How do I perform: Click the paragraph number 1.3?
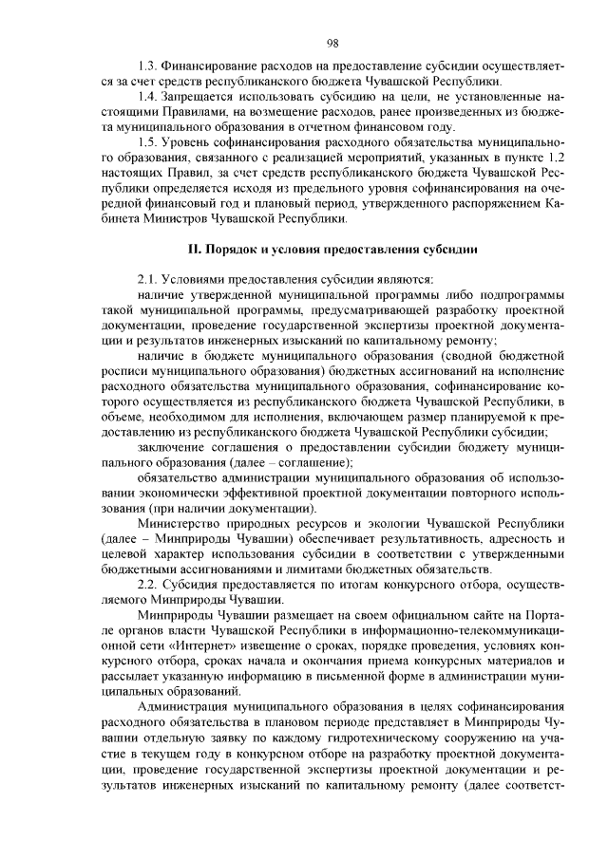tap(146, 67)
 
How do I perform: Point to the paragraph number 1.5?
tap(146, 143)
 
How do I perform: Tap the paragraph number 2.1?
tap(146, 279)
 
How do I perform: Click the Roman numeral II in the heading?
tap(188, 249)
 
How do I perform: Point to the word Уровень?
tap(185, 143)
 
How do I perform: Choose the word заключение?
tap(171, 446)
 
